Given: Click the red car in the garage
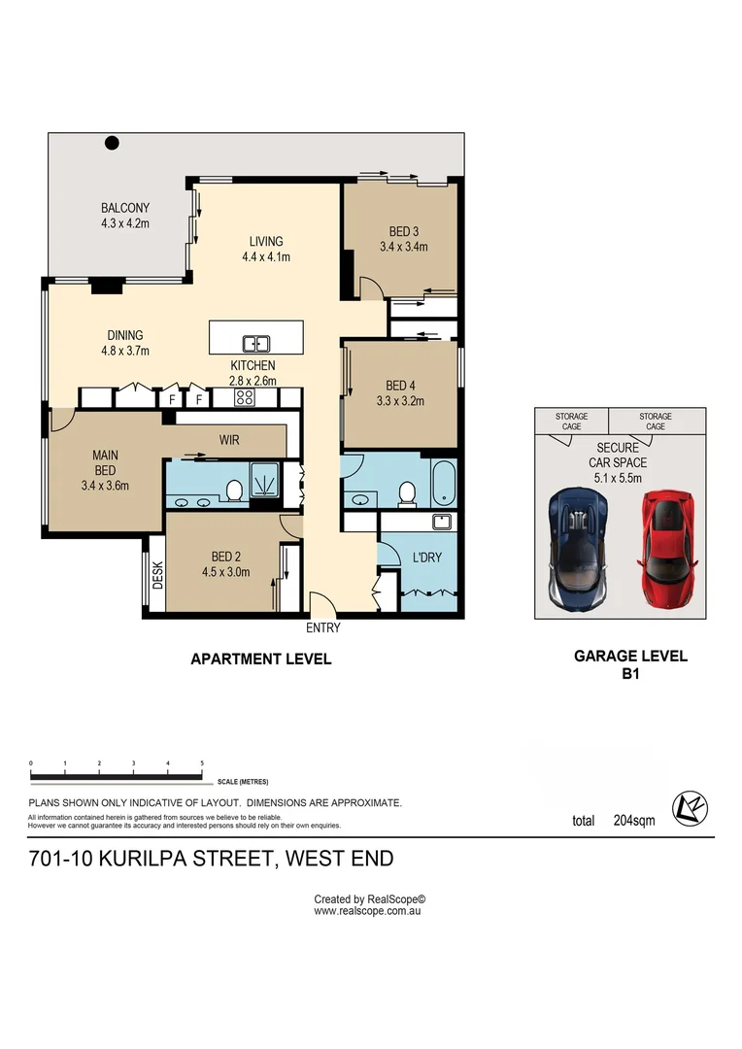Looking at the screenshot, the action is coord(667,550).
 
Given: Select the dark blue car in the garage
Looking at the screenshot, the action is coord(578,549).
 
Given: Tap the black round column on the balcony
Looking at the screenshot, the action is coord(112,143).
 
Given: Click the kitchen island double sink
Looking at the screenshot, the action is coord(255,344).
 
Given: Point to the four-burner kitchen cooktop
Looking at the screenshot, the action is coord(244,398).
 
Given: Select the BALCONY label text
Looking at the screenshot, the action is coord(125,208).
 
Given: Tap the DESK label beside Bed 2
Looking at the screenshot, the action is coord(157,575).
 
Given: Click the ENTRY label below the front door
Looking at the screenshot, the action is coord(323,627).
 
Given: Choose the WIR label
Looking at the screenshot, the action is coord(229,440).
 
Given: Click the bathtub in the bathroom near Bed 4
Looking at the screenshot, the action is coord(444,482).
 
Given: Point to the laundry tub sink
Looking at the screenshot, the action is coord(442,522).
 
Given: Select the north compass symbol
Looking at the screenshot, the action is coord(690,808).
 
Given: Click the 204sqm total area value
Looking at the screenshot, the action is coord(633,820).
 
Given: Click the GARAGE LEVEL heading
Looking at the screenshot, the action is coord(630,657).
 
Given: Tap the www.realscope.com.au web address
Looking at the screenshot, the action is coord(367,910).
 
